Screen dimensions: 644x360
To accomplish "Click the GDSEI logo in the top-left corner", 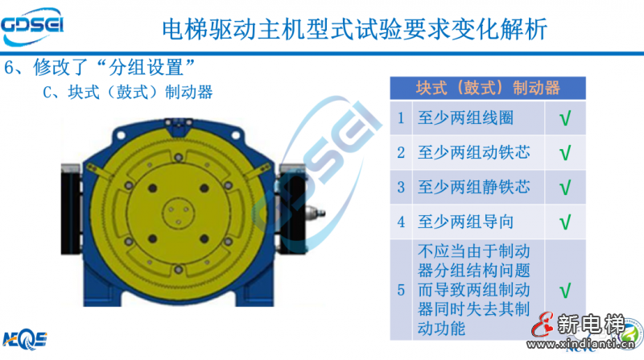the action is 32,27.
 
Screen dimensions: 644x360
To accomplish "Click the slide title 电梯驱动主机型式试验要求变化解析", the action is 354,29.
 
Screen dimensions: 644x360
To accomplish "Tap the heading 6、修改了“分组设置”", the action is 99,67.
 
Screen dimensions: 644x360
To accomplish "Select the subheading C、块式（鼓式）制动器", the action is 128,92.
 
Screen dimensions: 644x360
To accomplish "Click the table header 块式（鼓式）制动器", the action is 488,88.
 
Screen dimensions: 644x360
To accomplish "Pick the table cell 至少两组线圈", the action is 465,118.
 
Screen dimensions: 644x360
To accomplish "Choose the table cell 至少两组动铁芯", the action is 473,152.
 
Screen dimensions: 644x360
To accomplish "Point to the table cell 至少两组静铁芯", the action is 473,187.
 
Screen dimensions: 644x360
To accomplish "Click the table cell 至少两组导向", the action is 465,222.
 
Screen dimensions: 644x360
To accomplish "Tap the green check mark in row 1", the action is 565,118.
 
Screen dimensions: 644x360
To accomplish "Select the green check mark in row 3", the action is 565,188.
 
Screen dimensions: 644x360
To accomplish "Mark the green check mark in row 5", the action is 565,291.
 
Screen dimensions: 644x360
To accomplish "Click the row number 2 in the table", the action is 401,153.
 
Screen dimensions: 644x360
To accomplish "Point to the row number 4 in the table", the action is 401,222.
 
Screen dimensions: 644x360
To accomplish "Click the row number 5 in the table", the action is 401,291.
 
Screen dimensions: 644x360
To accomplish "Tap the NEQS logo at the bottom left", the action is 25,339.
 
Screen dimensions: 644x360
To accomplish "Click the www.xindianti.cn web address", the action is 580,344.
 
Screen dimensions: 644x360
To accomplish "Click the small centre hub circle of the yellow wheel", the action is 178,213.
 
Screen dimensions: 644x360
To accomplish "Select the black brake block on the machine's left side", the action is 71,209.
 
